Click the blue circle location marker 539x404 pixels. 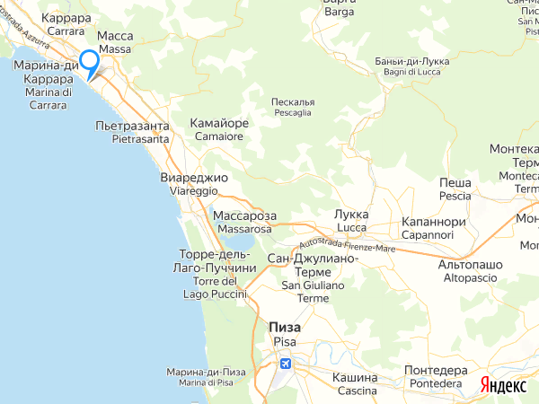click(89, 61)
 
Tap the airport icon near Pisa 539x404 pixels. click(286, 364)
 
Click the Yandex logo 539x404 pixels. click(503, 384)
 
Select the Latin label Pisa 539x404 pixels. click(285, 343)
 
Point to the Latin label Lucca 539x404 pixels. click(351, 228)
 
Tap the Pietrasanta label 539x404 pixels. click(140, 139)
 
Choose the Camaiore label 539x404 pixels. click(219, 136)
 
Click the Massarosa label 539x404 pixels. click(244, 230)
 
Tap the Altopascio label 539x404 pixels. click(469, 279)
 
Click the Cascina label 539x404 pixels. click(357, 391)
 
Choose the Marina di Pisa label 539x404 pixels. click(206, 383)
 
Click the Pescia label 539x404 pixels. click(455, 196)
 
